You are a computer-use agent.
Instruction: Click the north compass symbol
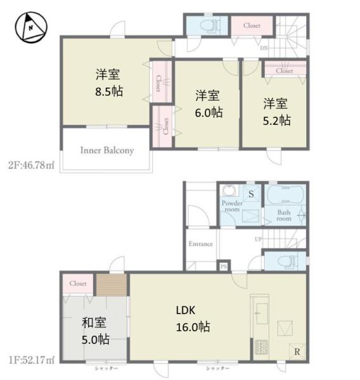click(x=30, y=26)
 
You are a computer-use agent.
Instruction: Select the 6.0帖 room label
click(x=207, y=103)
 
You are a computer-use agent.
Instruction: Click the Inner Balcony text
click(x=106, y=151)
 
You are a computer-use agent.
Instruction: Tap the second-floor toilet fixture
click(x=206, y=26)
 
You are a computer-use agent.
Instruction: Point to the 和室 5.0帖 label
click(x=95, y=331)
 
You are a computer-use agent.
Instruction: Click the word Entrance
click(x=200, y=244)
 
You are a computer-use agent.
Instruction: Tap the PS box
click(x=222, y=267)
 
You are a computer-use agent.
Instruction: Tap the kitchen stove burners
click(x=260, y=347)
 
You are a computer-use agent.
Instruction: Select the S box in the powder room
click(x=251, y=193)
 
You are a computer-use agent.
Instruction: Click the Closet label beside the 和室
click(x=78, y=284)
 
